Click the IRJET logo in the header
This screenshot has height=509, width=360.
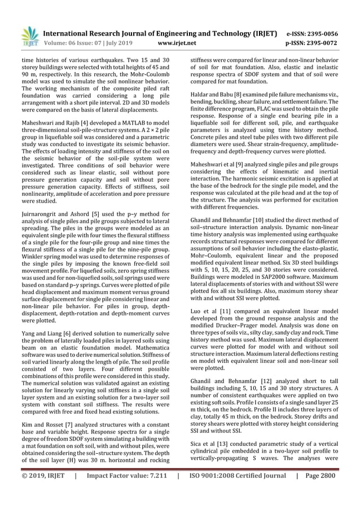click(x=29, y=36)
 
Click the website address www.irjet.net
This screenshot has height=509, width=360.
click(x=178, y=42)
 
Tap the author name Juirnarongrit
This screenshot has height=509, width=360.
click(x=41, y=214)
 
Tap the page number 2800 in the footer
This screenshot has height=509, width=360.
click(x=337, y=491)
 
